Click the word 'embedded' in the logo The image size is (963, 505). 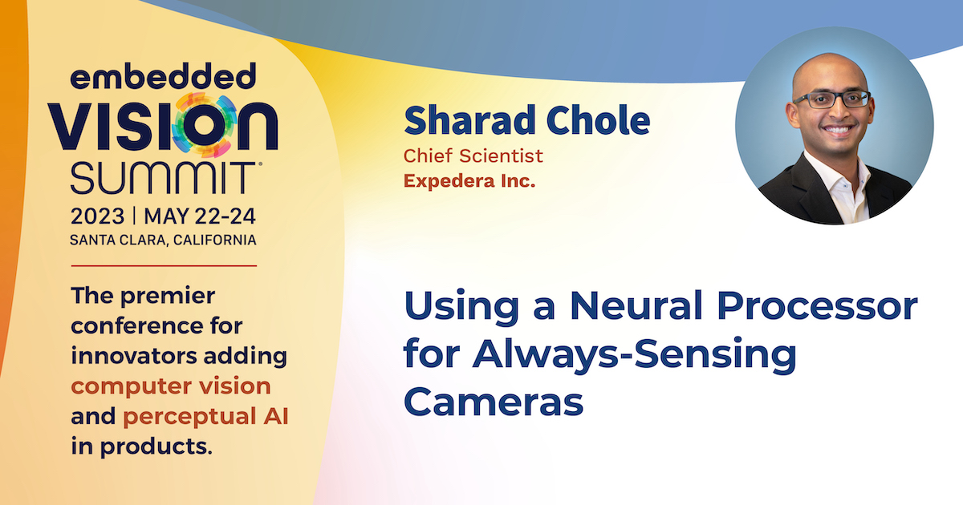coord(163,76)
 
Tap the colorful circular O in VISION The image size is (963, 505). coord(205,125)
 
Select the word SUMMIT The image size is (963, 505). coord(164,177)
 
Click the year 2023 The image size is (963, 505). coord(98,216)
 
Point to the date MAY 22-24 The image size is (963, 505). coord(200,216)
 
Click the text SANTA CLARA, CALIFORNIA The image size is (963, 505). coord(163,240)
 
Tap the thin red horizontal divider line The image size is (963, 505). coord(164,266)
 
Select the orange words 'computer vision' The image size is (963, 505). coord(171,386)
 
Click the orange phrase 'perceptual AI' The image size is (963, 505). coord(205,417)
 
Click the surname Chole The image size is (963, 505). coord(599,120)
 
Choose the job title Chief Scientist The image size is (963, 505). coord(473,156)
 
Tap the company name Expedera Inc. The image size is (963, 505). coord(469,181)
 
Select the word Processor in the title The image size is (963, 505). coord(817,305)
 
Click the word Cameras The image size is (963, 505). coord(494,402)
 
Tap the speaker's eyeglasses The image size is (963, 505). coord(832,99)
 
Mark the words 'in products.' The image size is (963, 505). coord(142,447)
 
